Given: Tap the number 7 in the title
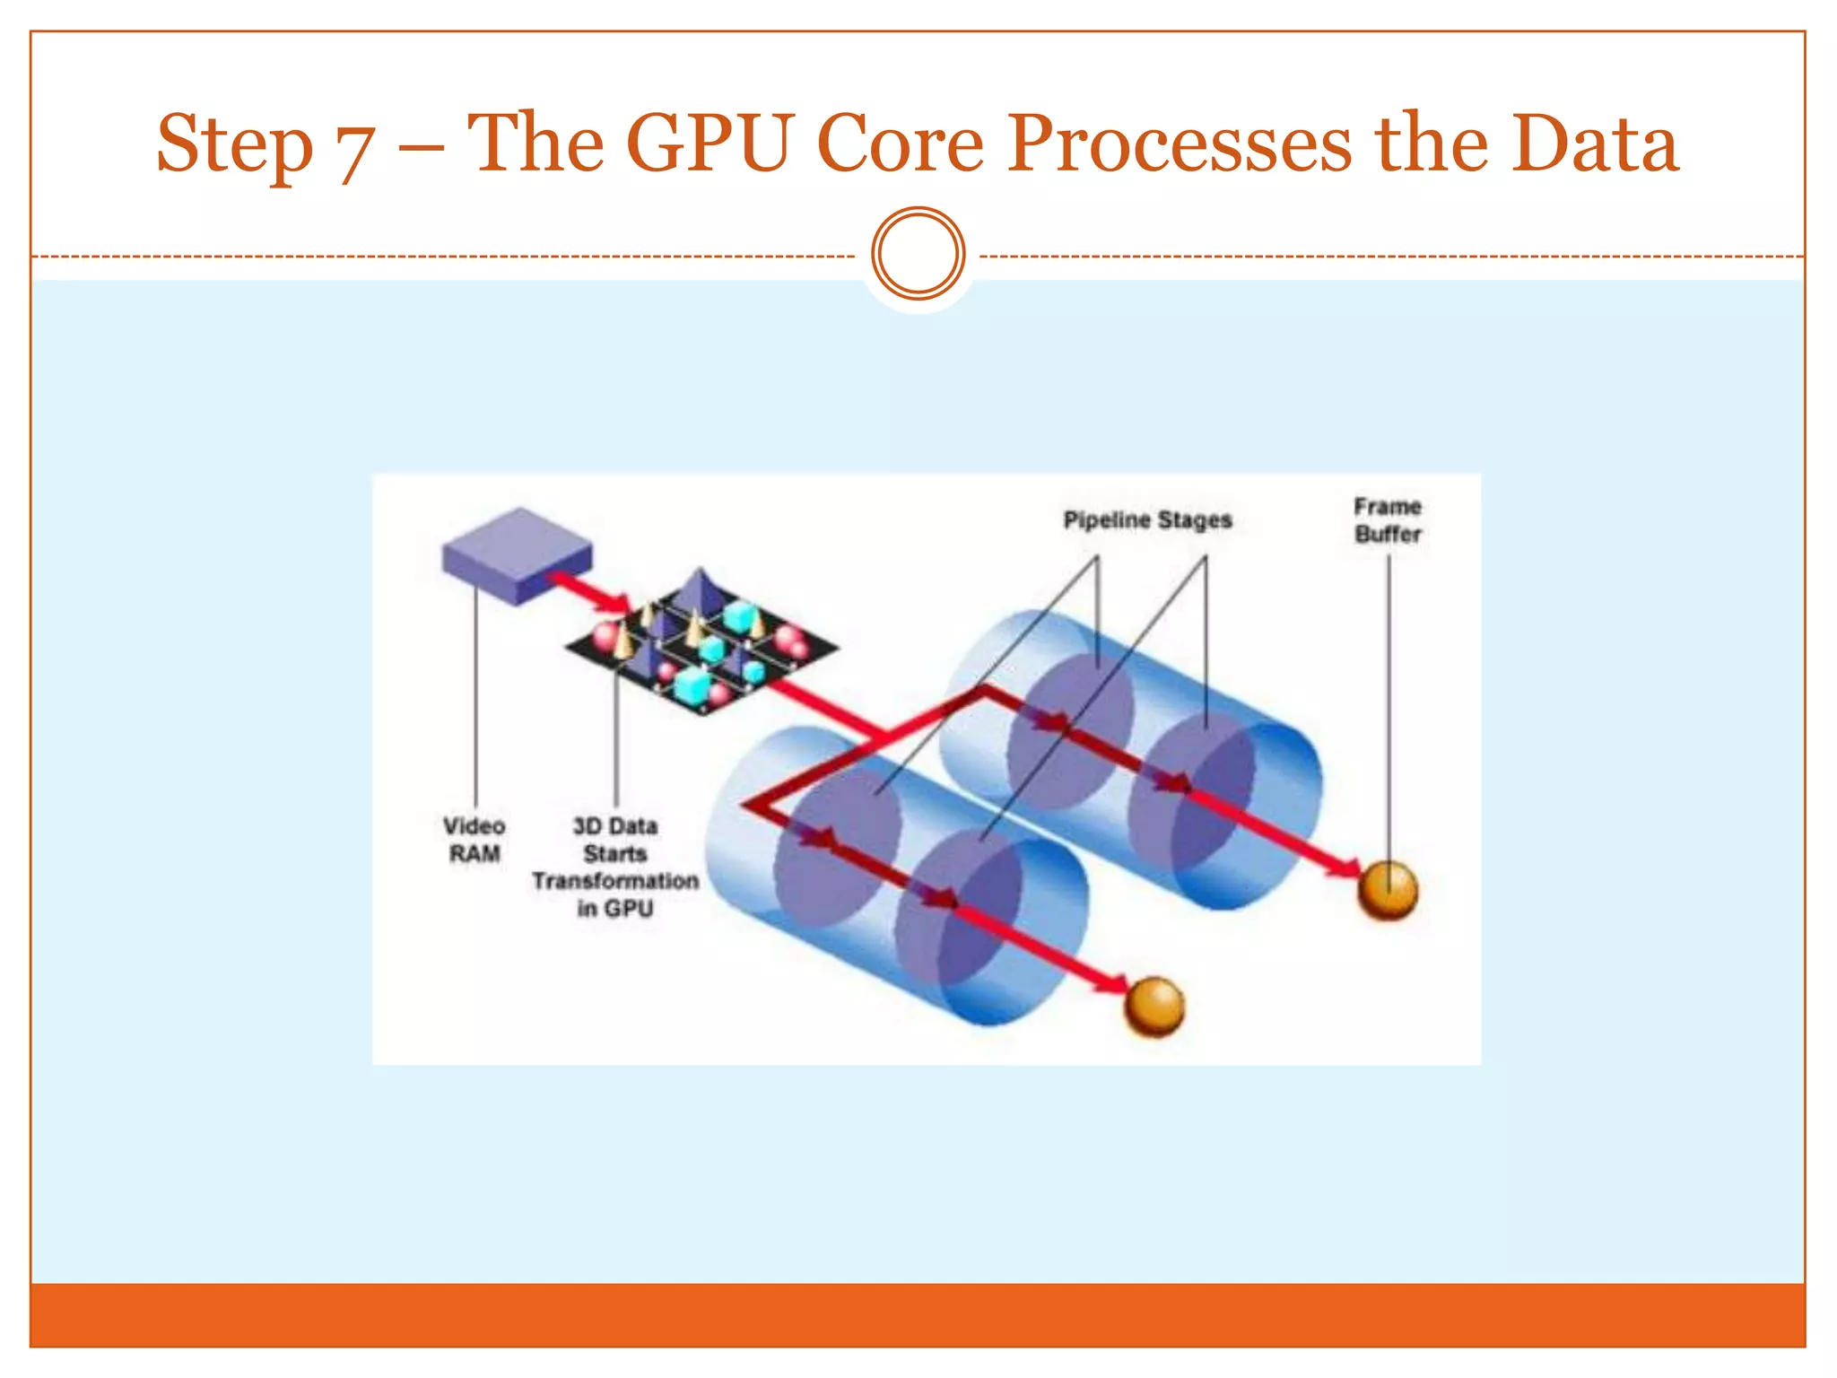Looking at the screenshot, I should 354,148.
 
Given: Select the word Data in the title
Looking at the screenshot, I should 1594,144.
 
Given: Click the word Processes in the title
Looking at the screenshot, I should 1179,144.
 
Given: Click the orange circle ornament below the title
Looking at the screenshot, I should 918,254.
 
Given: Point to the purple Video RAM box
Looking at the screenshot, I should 517,554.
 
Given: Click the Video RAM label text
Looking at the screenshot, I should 474,840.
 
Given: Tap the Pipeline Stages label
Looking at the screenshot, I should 1147,520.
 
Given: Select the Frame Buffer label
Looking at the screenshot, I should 1388,520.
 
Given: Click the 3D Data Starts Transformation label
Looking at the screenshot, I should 615,867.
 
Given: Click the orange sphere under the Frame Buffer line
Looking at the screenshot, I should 1388,890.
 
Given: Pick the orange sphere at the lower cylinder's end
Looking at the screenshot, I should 1154,1007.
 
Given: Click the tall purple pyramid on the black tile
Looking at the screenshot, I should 699,592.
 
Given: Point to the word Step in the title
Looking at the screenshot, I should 235,144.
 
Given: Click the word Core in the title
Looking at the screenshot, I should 900,144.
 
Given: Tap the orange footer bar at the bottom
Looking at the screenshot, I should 918,1314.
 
